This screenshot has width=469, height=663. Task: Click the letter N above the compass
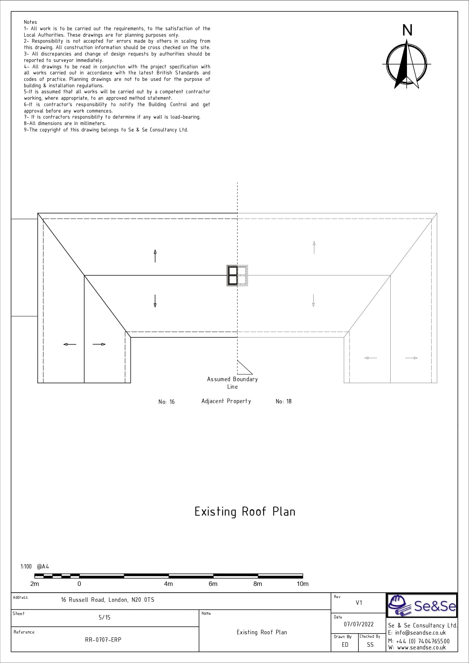[x=407, y=30]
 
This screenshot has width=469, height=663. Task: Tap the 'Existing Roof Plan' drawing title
[x=245, y=512]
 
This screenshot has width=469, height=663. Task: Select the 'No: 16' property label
[x=166, y=402]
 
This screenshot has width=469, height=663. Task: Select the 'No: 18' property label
[x=284, y=401]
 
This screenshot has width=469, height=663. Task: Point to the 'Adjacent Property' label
[x=226, y=401]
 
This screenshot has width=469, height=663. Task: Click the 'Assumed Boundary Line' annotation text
[x=232, y=383]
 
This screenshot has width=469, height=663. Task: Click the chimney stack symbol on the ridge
[x=237, y=275]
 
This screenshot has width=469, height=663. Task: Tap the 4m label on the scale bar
[x=168, y=584]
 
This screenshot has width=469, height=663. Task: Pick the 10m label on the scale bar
[x=303, y=584]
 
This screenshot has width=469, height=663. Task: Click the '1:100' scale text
[x=26, y=566]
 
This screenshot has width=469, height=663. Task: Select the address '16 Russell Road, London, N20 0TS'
[x=108, y=600]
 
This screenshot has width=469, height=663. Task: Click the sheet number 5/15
[x=104, y=617]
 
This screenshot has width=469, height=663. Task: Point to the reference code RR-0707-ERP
[x=103, y=640]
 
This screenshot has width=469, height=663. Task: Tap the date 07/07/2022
[x=359, y=624]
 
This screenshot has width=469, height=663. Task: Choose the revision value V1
[x=359, y=603]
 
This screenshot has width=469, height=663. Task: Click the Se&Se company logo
[x=422, y=606]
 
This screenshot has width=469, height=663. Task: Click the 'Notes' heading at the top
[x=30, y=22]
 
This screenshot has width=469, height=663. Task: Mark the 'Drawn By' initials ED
[x=345, y=644]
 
